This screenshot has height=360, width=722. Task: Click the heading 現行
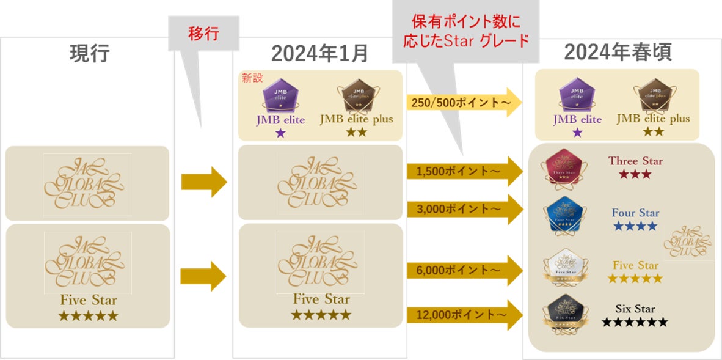[x=90, y=54]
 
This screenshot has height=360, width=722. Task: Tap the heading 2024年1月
[x=319, y=54]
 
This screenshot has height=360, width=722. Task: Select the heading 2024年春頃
[x=618, y=53]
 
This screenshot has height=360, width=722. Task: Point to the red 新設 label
[x=252, y=78]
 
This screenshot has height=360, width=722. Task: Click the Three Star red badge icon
[x=565, y=166]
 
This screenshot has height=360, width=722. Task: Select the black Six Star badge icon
[x=565, y=313]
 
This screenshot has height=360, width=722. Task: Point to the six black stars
[x=635, y=322]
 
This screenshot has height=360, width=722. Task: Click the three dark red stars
[x=635, y=175]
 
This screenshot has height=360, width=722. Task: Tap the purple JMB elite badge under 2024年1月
[x=280, y=98]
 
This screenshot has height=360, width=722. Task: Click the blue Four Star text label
[x=635, y=213]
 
